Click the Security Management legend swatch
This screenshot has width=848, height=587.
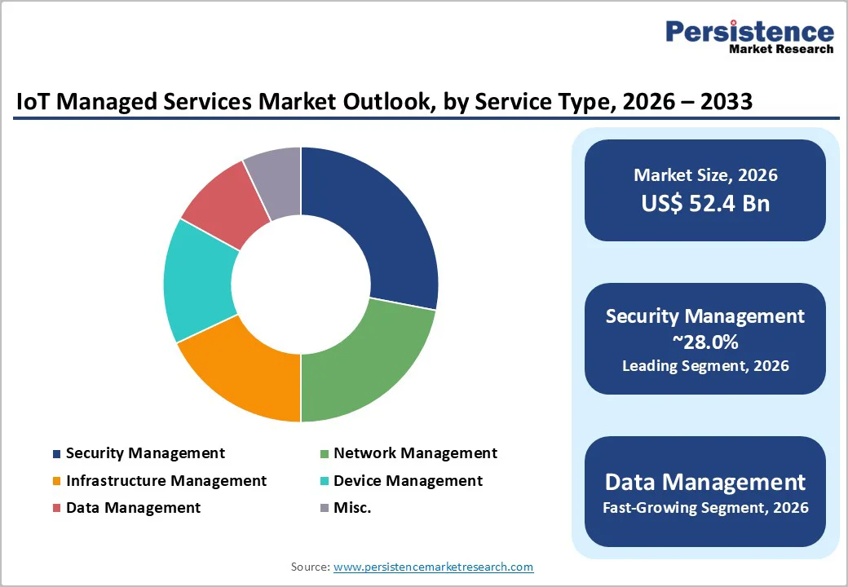56,453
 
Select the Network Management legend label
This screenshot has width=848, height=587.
415,452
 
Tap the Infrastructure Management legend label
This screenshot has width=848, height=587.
166,481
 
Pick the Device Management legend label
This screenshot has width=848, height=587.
408,481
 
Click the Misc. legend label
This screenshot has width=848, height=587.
352,507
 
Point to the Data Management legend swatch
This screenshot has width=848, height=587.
56,508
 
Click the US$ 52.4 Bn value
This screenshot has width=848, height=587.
705,204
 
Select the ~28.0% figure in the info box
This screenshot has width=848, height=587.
705,342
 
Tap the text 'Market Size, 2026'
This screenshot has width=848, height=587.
705,175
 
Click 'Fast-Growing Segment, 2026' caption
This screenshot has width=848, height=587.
705,508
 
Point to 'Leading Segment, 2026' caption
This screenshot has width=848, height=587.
705,366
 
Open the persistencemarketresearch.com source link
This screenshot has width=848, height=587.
433,567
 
